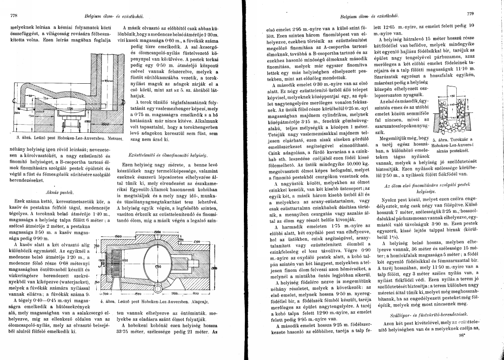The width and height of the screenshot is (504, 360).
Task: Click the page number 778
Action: (13, 16)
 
